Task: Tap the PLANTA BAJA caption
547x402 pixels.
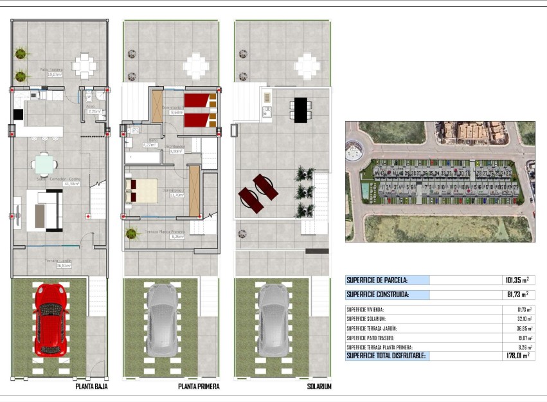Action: coord(91,387)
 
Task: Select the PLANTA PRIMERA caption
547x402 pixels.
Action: coord(199,387)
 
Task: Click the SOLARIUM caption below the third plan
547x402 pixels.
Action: coord(319,387)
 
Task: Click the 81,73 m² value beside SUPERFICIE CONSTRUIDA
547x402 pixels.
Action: coord(517,295)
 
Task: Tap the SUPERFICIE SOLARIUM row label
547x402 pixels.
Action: coord(366,318)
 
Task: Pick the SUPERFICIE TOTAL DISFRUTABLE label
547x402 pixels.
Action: coord(385,355)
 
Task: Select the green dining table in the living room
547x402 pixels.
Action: coord(44,164)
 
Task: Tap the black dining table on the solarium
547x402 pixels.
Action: coord(300,110)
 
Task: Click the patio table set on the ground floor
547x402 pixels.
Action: coord(84,65)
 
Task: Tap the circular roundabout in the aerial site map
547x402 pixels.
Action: coord(354,152)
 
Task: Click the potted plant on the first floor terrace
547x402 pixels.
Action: coord(132,232)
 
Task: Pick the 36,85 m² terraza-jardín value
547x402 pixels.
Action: coord(525,328)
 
